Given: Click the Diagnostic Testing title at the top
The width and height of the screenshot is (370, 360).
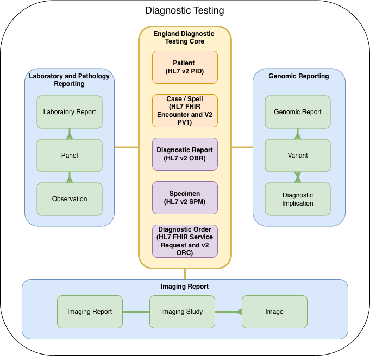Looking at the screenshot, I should (x=185, y=10).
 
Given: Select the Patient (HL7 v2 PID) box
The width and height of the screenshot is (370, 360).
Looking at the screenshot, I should (x=185, y=67).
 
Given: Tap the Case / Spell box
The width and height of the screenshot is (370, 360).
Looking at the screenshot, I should (x=185, y=111).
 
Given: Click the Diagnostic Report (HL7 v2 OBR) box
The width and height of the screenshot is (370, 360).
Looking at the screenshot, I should (x=185, y=154).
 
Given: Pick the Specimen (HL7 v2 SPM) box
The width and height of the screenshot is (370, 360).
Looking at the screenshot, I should (x=185, y=197).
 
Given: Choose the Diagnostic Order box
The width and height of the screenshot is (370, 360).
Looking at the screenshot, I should (x=185, y=241).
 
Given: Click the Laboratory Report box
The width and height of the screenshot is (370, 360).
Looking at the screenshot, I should (x=70, y=112).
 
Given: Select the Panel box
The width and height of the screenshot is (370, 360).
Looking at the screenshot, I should (x=70, y=156).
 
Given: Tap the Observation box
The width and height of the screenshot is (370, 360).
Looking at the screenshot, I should (x=70, y=199).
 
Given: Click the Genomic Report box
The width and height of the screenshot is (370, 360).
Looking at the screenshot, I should (x=298, y=112).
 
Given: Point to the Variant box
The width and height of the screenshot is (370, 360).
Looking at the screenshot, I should (x=298, y=156).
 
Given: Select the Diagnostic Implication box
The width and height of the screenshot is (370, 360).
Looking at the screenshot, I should (x=298, y=199).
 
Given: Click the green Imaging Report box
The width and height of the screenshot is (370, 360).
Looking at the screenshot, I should (x=90, y=312).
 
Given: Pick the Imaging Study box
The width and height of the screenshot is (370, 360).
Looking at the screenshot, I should (x=182, y=312).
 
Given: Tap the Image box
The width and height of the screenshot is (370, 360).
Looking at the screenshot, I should (x=274, y=312).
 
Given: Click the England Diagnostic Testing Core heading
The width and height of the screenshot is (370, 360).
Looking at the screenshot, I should (x=184, y=38).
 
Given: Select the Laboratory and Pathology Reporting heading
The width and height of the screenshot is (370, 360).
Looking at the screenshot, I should (x=70, y=80).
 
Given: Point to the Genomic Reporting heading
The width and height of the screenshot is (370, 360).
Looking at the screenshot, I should (x=299, y=76).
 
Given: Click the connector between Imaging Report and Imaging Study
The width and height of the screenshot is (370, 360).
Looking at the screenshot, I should (x=136, y=312).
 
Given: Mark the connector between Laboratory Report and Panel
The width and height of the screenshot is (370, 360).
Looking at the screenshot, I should (x=70, y=134).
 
